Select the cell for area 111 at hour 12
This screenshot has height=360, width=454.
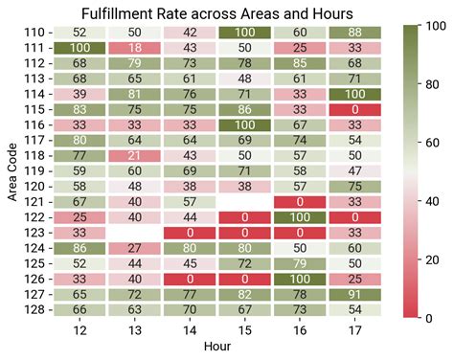79,48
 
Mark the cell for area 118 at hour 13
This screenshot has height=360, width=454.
135,156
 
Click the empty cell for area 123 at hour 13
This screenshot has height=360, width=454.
135,233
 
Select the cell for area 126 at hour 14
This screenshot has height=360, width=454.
190,279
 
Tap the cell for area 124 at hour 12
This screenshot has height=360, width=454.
79,248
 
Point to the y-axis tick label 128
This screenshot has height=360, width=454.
32,310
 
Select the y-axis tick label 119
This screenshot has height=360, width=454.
32,171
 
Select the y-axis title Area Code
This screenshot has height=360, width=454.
11,171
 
